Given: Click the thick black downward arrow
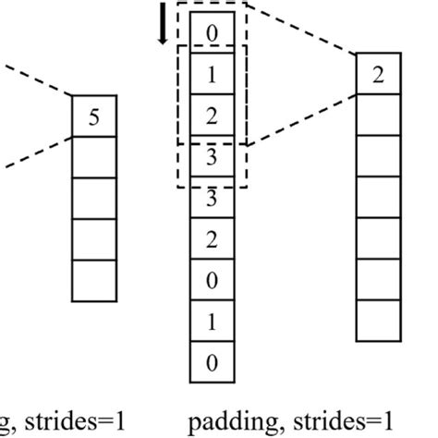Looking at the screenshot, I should click(164, 25).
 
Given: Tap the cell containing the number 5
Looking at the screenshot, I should click(95, 116).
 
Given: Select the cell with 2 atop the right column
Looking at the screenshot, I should click(379, 75).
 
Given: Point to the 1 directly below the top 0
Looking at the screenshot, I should click(212, 76).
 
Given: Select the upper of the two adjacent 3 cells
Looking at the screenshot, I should click(212, 158).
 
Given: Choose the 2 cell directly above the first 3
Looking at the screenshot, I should click(212, 117).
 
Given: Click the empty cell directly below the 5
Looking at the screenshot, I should click(95, 157).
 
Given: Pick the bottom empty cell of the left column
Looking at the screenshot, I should click(95, 280).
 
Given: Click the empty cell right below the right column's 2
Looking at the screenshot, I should click(379, 116).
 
